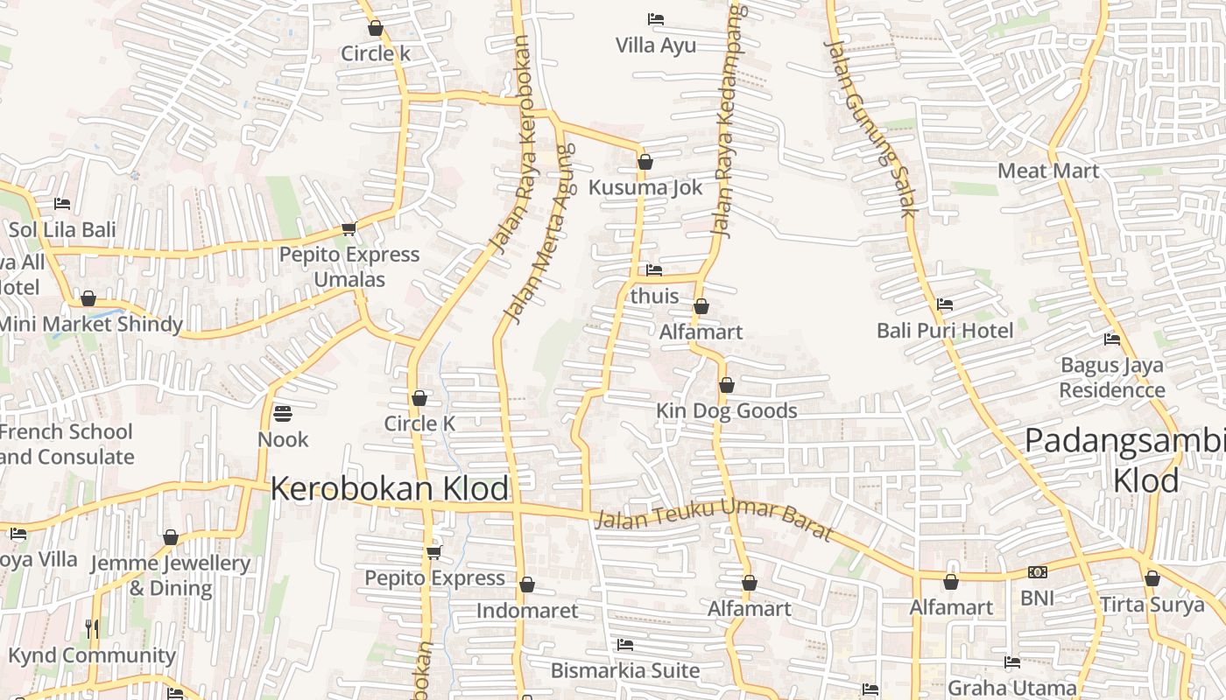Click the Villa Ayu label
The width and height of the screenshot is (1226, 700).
coord(655,45)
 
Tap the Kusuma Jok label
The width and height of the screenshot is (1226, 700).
coord(645,187)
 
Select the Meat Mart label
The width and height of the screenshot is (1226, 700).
coord(1048,171)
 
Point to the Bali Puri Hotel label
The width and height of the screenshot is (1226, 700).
coord(945,331)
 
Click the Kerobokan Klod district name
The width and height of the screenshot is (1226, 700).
coord(389,488)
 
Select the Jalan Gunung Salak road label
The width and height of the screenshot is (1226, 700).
coord(870,128)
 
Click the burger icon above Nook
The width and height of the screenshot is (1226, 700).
coord(283,412)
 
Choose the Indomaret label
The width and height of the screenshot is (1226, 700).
coord(527,611)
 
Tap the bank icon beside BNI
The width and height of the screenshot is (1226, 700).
coord(1038,572)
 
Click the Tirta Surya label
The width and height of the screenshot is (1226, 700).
coord(1152,605)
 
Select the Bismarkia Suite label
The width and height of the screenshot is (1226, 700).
coord(625,671)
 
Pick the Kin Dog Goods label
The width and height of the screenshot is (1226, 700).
coord(727,410)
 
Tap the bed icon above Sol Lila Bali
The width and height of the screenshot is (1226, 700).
coord(62,204)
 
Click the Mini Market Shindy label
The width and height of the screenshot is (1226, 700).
coord(89,324)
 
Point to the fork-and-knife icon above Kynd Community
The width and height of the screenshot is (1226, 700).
coord(92,628)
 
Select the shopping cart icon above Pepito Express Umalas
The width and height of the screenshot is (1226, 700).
coord(349,229)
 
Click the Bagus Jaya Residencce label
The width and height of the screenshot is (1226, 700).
coord(1112,377)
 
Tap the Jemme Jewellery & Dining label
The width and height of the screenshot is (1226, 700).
coord(171,575)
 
